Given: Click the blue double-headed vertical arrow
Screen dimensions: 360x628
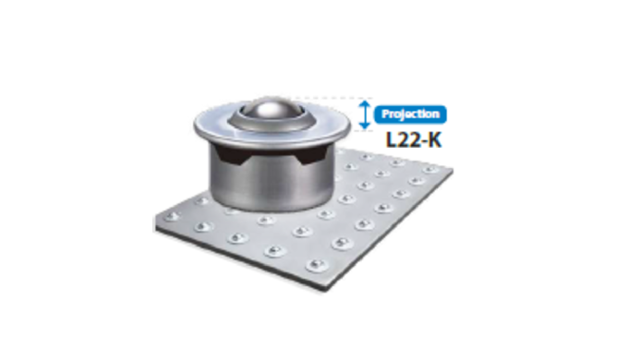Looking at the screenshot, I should click(366, 114).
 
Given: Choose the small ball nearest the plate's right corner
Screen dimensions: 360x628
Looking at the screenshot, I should click(430, 171).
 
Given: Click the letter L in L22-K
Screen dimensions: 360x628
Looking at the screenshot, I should click(390, 141).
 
